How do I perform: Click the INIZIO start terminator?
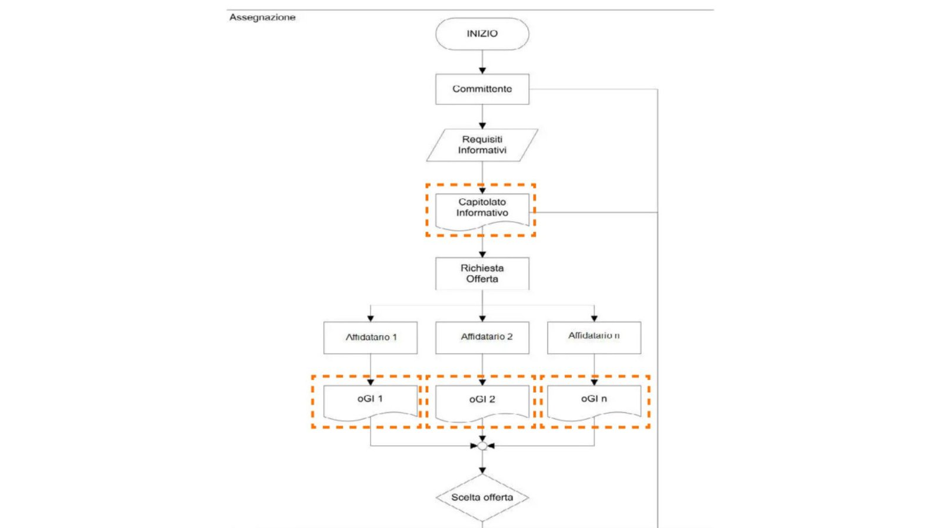[482, 34]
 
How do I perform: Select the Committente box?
[482, 89]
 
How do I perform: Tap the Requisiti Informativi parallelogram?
[482, 145]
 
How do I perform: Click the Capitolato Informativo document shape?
[482, 209]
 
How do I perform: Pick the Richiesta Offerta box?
[482, 273]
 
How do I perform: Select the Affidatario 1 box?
[370, 337]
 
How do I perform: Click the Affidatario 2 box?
[482, 337]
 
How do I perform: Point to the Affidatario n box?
[594, 337]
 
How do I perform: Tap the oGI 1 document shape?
[370, 400]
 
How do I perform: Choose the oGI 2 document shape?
[482, 400]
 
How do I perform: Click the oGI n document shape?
[594, 400]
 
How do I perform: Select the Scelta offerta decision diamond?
[482, 497]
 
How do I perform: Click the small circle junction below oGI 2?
[482, 446]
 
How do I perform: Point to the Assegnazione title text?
[262, 17]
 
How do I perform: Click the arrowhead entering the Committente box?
[482, 71]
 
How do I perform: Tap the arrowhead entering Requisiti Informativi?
[482, 126]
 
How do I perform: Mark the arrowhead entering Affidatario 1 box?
[370, 318]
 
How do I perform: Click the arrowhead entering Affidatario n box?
[594, 318]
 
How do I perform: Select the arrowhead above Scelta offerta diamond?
[482, 470]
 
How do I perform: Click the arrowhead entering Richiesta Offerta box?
[482, 254]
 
